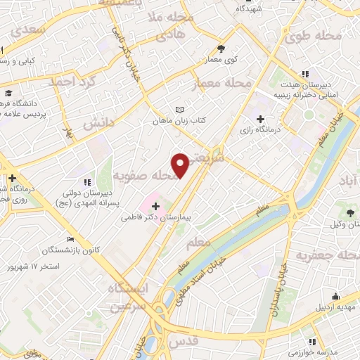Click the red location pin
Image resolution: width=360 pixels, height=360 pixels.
click(x=181, y=165)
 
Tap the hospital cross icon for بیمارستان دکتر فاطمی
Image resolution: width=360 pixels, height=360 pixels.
click(x=155, y=207)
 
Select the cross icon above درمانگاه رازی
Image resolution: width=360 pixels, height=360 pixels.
click(x=262, y=119)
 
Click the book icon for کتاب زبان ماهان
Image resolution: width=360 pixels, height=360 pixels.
click(x=179, y=110)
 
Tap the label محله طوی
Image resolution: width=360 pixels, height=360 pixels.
click(x=329, y=36)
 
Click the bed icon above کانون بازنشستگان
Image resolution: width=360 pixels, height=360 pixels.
click(x=69, y=239)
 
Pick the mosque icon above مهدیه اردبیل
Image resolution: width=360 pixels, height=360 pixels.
click(x=335, y=295)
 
